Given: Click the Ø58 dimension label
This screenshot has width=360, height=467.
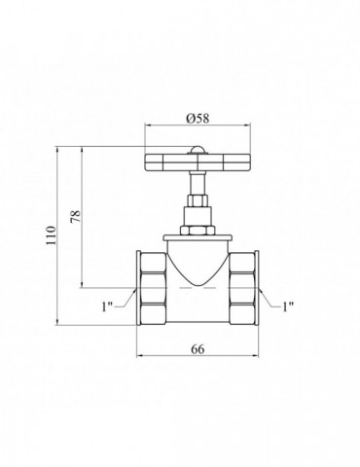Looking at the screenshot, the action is [x=198, y=118].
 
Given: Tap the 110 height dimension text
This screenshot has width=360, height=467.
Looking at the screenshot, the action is [x=51, y=235].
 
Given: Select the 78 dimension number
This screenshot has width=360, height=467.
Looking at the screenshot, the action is [x=75, y=216].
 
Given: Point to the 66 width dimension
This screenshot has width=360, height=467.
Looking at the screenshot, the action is [x=198, y=349].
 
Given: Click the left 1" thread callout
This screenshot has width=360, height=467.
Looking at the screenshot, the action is [x=107, y=306].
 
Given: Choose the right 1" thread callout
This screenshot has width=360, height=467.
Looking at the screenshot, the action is [x=288, y=306].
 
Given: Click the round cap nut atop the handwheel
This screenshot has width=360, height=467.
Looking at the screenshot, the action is [x=198, y=150].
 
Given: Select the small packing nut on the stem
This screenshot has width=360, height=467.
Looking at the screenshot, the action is [x=198, y=200].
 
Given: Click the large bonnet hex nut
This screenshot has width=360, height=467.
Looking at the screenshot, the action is [x=198, y=231].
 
